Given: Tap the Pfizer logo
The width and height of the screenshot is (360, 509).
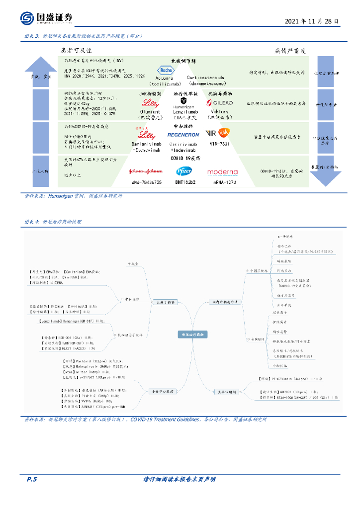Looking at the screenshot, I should tap(184, 171).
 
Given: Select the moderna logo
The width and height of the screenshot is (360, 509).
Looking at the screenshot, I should tap(223, 172).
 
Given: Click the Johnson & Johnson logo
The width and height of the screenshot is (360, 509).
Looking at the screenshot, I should tap(146, 171).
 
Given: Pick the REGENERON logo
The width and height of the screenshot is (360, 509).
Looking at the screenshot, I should tap(184, 135).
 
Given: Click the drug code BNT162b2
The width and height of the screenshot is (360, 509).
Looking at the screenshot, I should tap(184, 183).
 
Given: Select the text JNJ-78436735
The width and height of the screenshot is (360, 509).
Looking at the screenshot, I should tap(146, 183).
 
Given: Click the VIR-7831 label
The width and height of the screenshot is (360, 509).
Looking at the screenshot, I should tap(219, 143).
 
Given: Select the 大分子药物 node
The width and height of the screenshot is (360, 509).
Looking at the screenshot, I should tap(163, 301).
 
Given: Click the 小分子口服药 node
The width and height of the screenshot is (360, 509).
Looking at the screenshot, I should tap(163, 392).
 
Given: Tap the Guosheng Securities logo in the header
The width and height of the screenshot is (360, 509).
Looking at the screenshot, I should tap(47, 18).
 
